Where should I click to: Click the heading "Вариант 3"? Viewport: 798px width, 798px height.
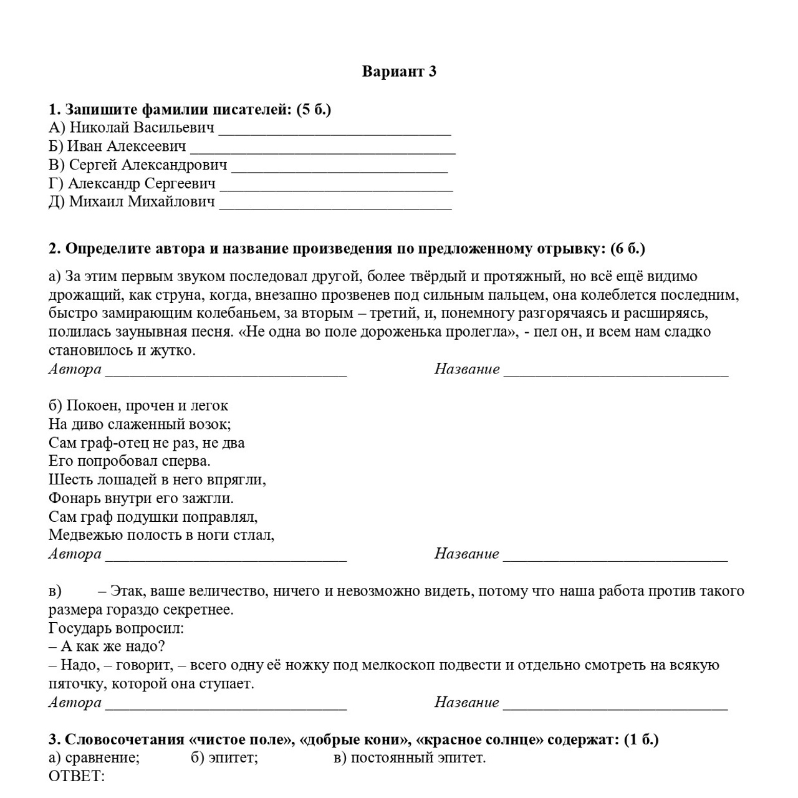tap(399, 72)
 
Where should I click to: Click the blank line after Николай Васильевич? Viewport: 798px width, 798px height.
tap(335, 130)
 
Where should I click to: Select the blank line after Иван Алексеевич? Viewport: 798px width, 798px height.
tap(322, 148)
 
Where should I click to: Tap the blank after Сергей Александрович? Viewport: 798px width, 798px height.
tap(339, 167)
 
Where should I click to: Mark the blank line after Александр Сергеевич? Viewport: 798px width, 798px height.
tap(336, 185)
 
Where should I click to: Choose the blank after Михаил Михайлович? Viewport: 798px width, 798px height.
tap(335, 203)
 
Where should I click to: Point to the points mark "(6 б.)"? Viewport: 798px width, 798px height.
tap(628, 249)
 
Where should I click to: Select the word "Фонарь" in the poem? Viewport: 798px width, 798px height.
tap(69, 499)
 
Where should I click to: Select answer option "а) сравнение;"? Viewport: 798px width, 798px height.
tap(94, 758)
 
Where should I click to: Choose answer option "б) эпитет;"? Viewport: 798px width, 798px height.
tap(224, 758)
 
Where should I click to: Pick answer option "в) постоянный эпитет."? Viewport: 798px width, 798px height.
tap(409, 758)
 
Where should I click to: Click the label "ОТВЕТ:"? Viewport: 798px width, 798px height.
tap(76, 777)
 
